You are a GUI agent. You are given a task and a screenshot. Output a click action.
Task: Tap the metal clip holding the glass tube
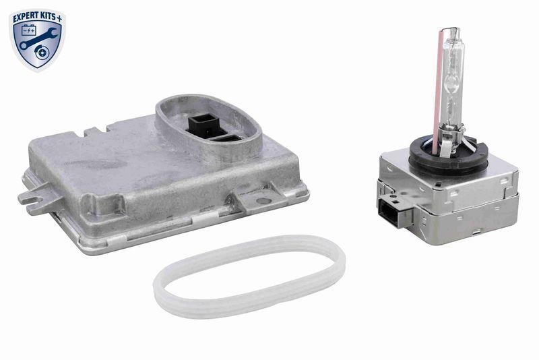point(465,142)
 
